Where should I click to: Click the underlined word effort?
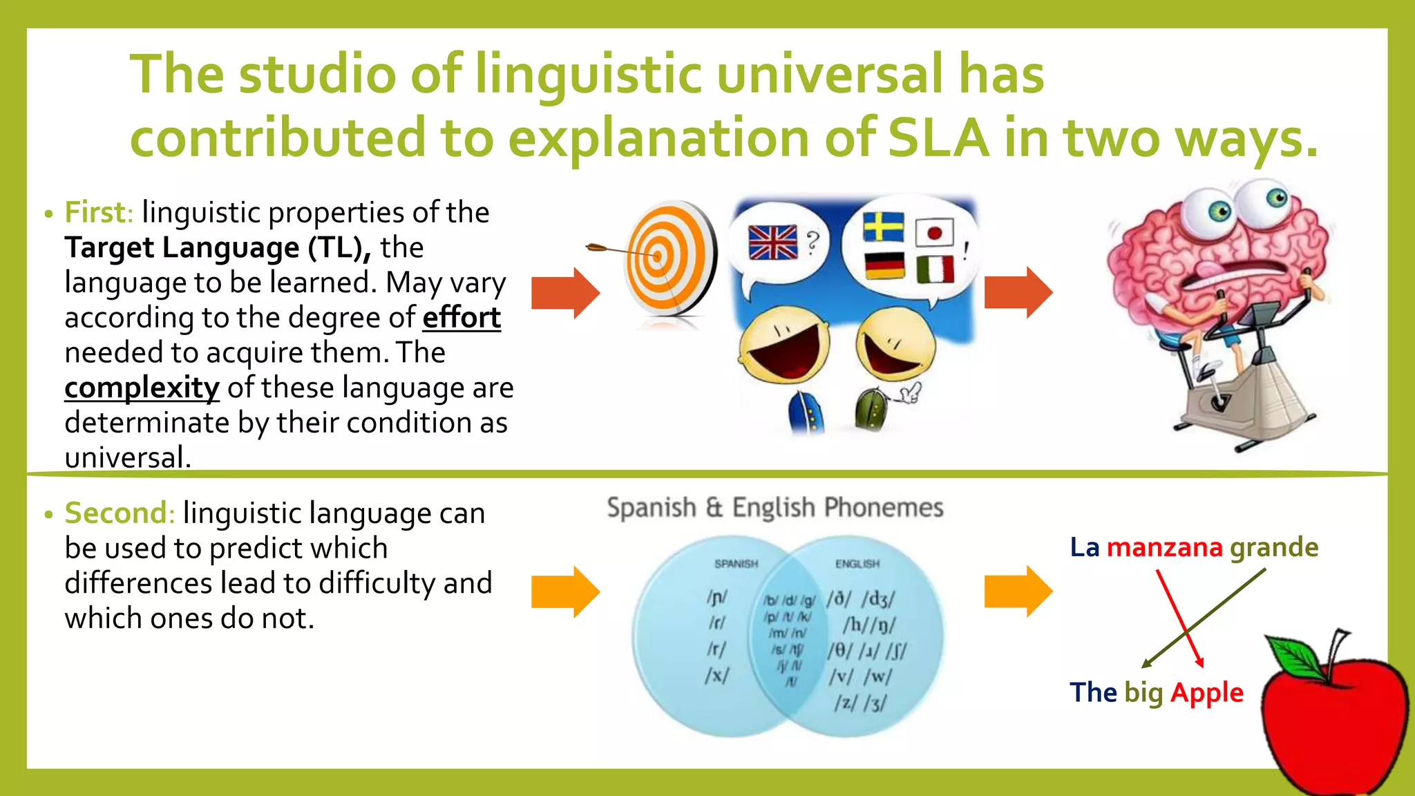(462, 318)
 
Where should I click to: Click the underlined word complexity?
(142, 388)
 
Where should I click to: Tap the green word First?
(98, 213)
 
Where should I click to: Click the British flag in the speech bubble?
(772, 243)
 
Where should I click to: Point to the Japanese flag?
(934, 233)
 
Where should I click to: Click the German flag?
(884, 265)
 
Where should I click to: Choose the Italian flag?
(935, 269)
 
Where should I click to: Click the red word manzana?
(1164, 547)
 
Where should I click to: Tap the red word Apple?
(1206, 692)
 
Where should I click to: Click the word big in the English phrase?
(1143, 692)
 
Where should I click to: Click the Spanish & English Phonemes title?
(775, 508)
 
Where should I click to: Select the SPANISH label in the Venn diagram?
(736, 564)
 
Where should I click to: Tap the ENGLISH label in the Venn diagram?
(857, 564)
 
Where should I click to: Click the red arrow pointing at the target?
(565, 293)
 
